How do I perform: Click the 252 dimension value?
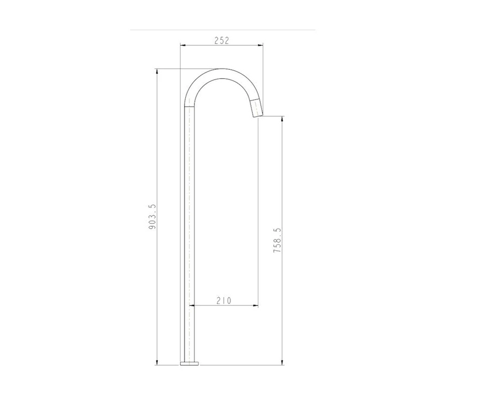pyautogui.click(x=222, y=40)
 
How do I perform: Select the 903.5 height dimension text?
pyautogui.click(x=153, y=217)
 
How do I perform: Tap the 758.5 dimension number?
pyautogui.click(x=277, y=240)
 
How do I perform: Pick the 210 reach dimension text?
pyautogui.click(x=224, y=301)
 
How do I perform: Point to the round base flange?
pyautogui.click(x=189, y=363)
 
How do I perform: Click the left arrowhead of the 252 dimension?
pyautogui.click(x=183, y=45)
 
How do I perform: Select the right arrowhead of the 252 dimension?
pyautogui.click(x=261, y=45)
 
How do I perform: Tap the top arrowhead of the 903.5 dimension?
pyautogui.click(x=157, y=71)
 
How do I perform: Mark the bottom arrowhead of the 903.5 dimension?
pyautogui.click(x=157, y=362)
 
